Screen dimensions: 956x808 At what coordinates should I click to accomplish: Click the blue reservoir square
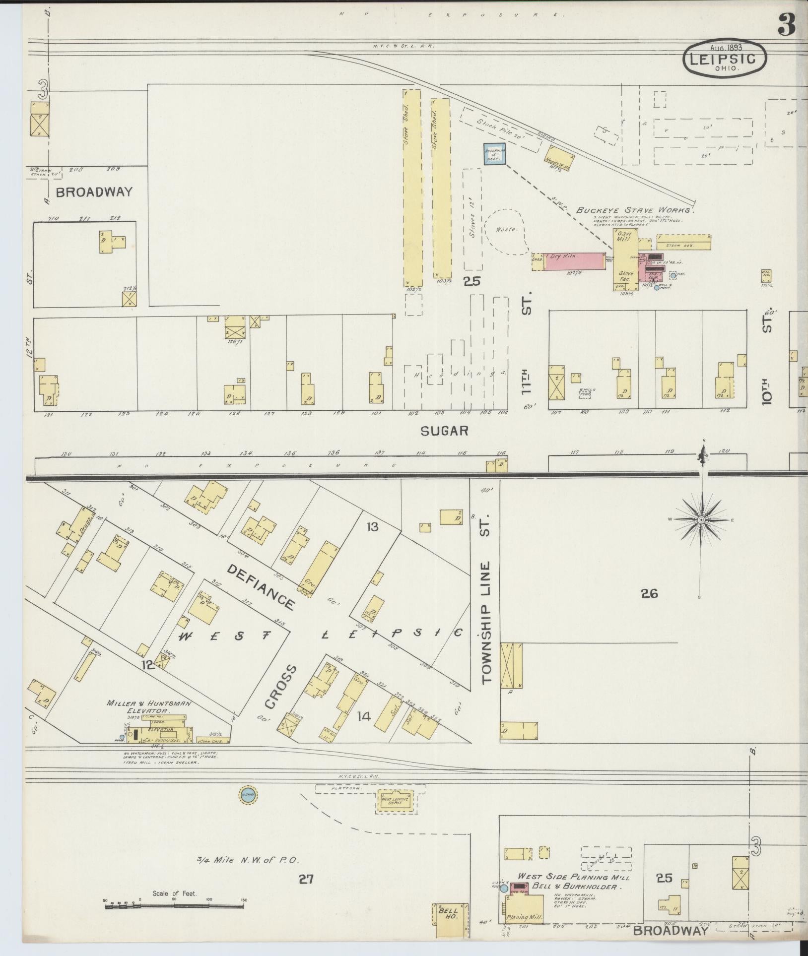[x=495, y=153]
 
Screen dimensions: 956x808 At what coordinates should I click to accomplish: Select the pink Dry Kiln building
[x=574, y=261]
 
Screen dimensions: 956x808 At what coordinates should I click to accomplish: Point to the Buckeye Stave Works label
[x=635, y=210]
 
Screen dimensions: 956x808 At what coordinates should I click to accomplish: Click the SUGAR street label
[x=444, y=431]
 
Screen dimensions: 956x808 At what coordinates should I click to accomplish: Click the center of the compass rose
[x=701, y=520]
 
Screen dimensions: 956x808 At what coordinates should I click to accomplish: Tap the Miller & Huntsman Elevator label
[x=142, y=706]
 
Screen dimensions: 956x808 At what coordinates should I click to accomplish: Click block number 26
[x=649, y=593]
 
